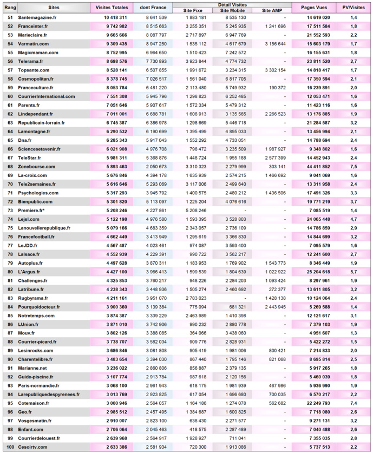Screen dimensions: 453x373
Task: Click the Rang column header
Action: coord(9,8)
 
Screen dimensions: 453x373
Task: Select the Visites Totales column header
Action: coord(112,8)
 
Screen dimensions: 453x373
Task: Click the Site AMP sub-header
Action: coord(272,10)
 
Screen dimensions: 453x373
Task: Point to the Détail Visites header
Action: coord(232,4)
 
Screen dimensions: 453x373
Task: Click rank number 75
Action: coord(9,228)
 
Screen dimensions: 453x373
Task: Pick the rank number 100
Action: coord(9,447)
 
